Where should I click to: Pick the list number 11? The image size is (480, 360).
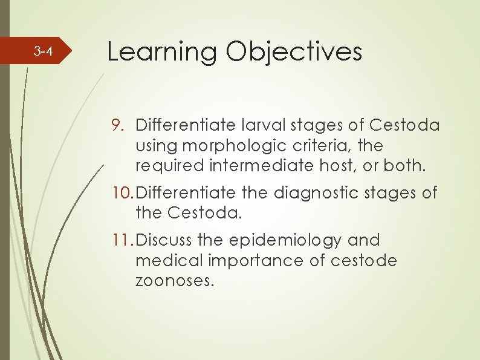[x=121, y=240]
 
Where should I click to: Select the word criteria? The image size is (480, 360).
[x=311, y=146]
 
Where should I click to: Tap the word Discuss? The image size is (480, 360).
[x=164, y=240]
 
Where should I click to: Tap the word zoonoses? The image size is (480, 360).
[x=175, y=281]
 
